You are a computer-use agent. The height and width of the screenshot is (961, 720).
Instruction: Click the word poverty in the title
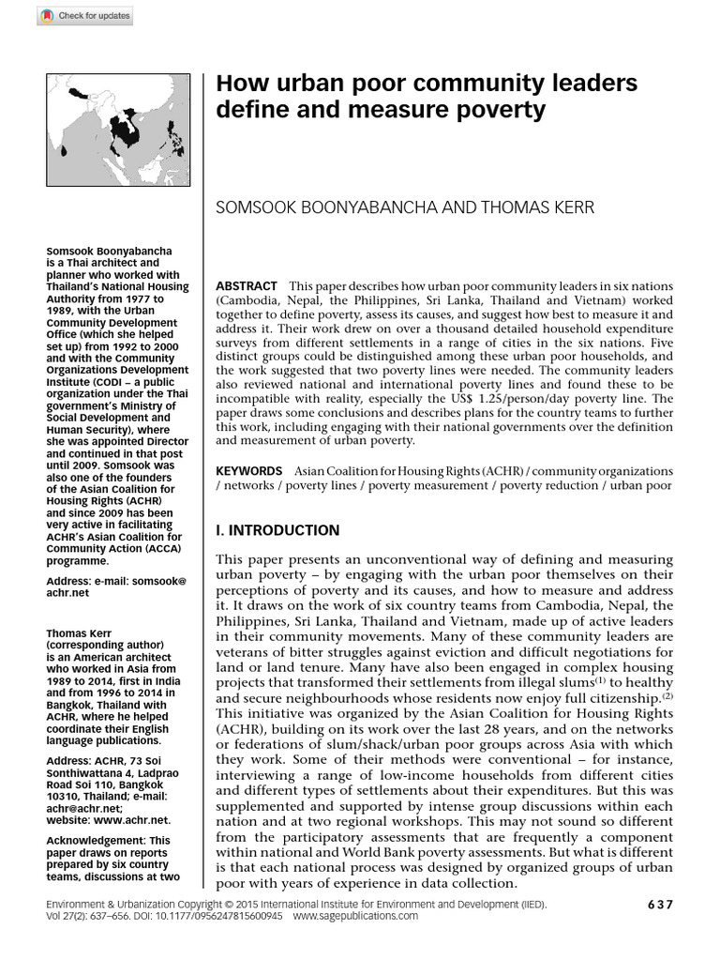tap(501, 111)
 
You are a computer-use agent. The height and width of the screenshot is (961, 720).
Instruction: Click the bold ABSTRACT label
tap(247, 286)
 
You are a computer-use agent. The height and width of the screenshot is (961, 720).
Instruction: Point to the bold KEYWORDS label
tap(248, 470)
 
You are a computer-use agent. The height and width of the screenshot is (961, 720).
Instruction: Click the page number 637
tap(660, 905)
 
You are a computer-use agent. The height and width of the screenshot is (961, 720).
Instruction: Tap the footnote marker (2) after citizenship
tap(667, 696)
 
